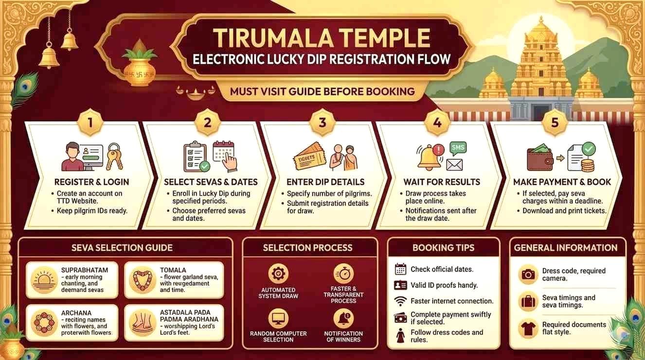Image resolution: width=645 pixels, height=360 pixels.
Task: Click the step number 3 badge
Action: coord(322,123)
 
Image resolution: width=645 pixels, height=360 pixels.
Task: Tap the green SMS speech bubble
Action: coord(458,148)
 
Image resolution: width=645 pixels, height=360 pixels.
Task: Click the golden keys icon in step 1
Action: coord(114,157)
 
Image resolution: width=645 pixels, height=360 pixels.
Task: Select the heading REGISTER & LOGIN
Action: coord(91,182)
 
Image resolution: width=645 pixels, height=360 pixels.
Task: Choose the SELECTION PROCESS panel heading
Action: coord(307,248)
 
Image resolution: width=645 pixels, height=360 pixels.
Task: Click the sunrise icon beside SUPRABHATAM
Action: coord(44,280)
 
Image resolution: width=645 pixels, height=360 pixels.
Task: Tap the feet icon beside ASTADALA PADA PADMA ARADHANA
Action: coord(142,322)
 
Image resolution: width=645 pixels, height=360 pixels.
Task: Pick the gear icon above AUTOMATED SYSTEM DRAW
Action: coord(278,273)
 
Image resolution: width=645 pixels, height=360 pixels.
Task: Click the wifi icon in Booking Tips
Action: coord(400,301)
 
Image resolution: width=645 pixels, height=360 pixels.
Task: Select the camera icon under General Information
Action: coord(528,274)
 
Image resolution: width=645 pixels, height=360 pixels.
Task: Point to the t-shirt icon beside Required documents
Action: coord(528,328)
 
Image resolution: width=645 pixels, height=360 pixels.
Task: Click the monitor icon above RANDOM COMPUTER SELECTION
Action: coord(278,318)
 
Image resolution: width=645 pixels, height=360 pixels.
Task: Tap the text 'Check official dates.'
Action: coord(442,270)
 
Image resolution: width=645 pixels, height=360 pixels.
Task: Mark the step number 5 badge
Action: coord(555,123)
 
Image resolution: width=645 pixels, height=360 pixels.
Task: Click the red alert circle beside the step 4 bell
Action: coord(439,150)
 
